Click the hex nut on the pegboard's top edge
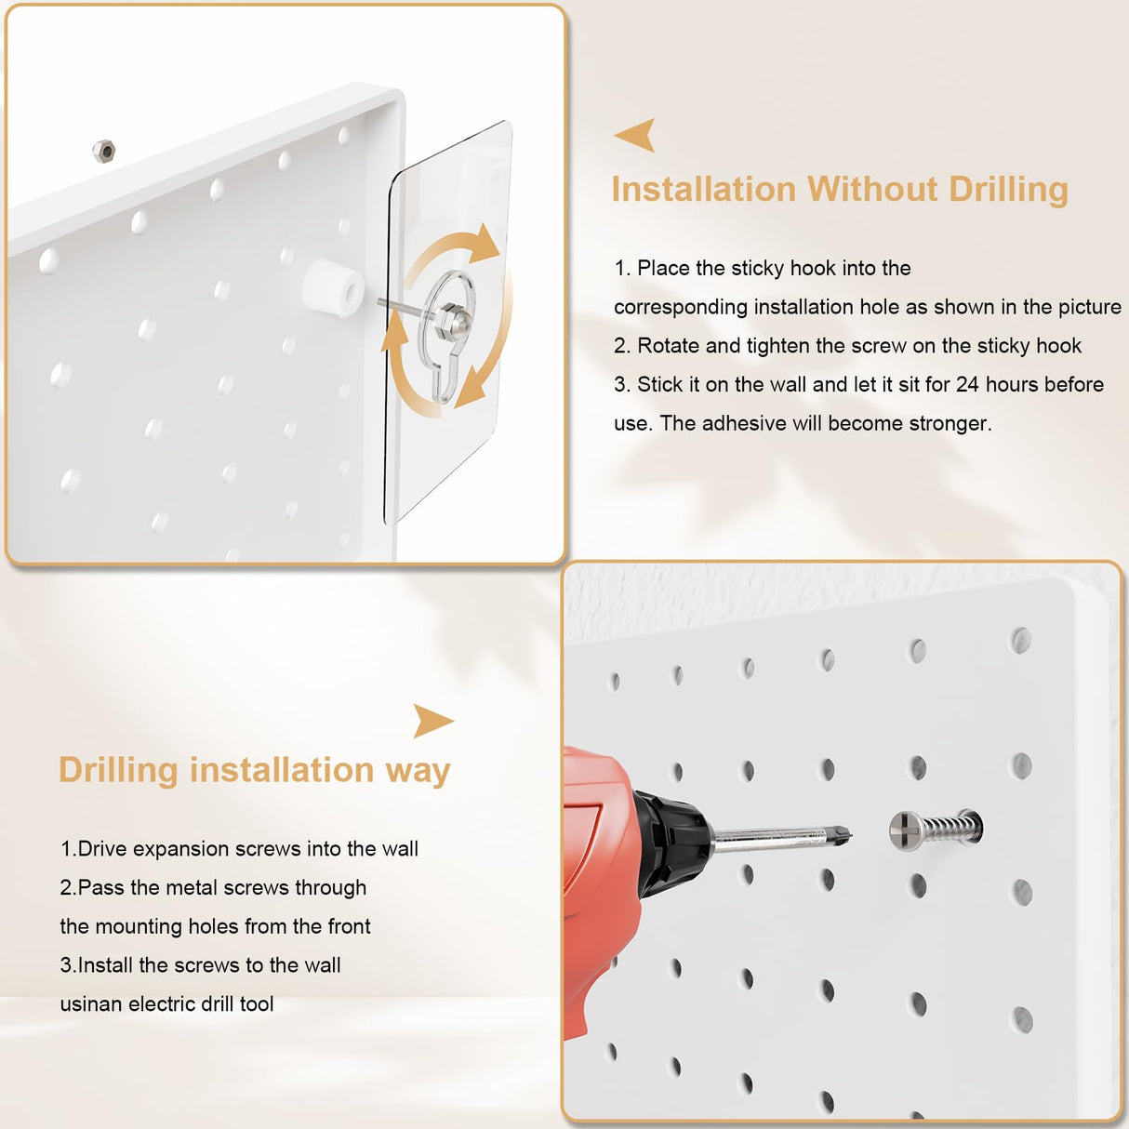click(104, 150)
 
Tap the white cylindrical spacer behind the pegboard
click(333, 286)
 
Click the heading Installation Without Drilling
click(839, 190)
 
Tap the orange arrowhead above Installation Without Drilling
click(637, 135)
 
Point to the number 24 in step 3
click(967, 385)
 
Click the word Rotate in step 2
click(668, 346)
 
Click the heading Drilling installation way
click(254, 771)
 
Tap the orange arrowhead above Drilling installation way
click(432, 721)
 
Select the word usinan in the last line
click(91, 1004)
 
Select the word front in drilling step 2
click(349, 926)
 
